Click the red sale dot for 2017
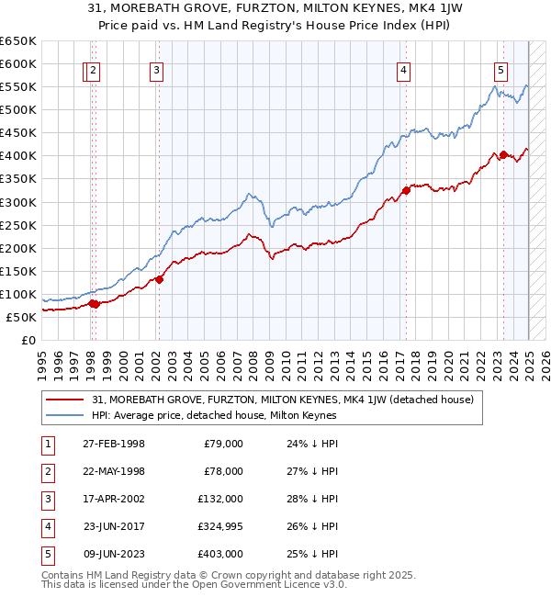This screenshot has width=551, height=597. [405, 191]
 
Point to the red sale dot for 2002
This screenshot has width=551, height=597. [159, 279]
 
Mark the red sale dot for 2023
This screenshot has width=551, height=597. [502, 154]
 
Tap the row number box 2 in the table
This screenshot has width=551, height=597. [46, 471]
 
